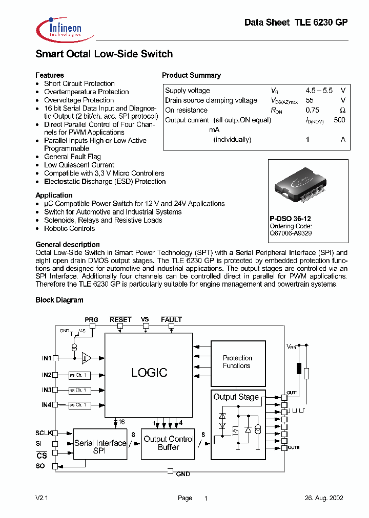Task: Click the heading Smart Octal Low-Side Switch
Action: pos(104,54)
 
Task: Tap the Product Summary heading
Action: pos(191,75)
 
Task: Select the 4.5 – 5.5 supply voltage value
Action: pos(319,90)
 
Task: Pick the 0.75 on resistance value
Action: pos(312,110)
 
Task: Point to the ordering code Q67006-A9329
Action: pos(291,233)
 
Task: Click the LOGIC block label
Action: pos(149,373)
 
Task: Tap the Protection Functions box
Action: pos(237,362)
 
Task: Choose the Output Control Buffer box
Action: pos(169,443)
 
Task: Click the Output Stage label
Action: pos(236,397)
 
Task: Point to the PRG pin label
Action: pos(91,319)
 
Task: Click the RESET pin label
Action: pos(120,319)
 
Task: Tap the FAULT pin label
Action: pos(171,319)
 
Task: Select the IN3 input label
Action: pos(47,390)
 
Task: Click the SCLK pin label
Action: pos(44,433)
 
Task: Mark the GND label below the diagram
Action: pos(183,474)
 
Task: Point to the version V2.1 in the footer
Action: pos(42,498)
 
